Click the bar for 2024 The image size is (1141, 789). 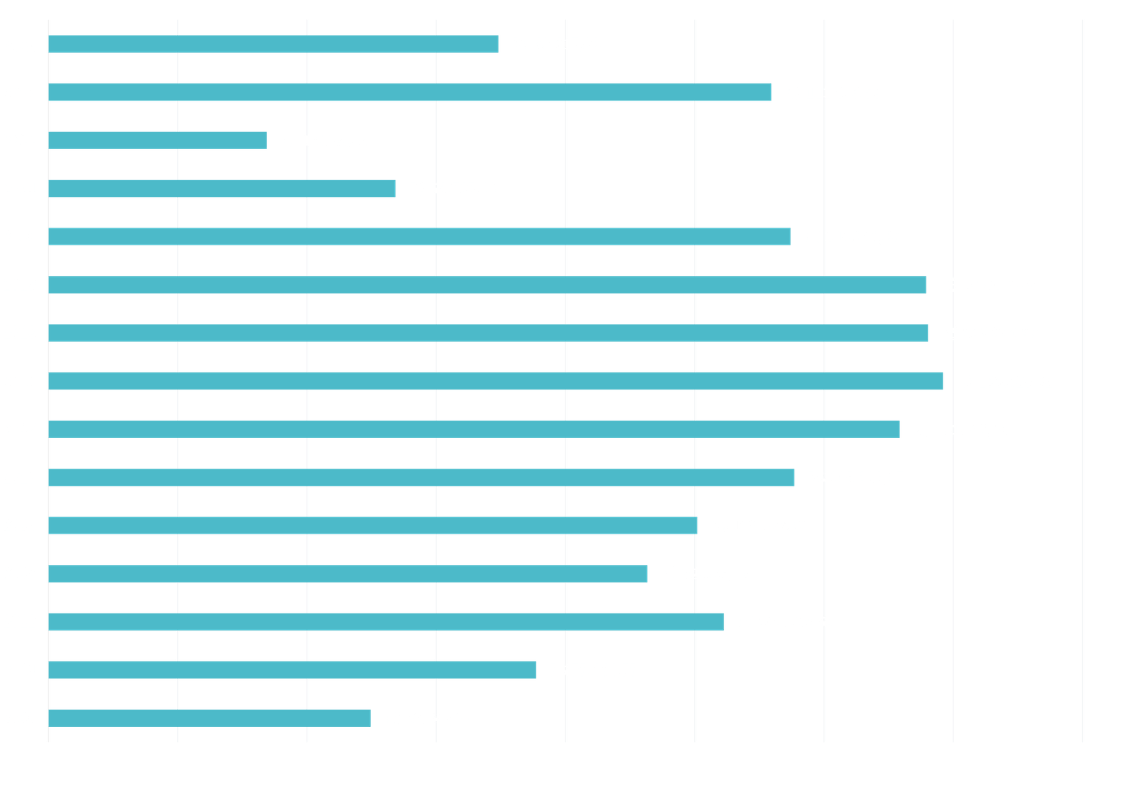click(274, 44)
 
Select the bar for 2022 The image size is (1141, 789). click(158, 141)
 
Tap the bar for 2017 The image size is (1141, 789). click(496, 381)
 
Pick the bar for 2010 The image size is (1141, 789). click(210, 718)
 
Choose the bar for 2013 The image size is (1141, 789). click(348, 574)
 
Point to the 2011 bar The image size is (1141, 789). click(292, 670)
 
